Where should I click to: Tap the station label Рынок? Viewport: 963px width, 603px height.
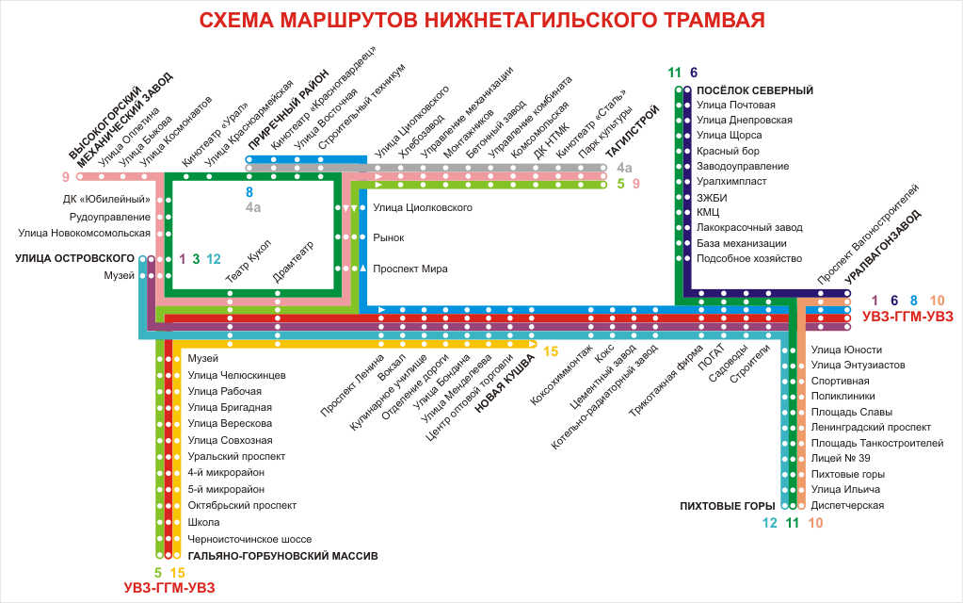pyautogui.click(x=389, y=238)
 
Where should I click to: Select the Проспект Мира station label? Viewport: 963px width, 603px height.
pyautogui.click(x=410, y=269)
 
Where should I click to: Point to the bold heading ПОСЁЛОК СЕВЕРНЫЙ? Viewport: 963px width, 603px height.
pyautogui.click(x=755, y=90)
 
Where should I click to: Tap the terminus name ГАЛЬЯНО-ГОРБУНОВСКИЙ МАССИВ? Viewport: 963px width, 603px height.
pyautogui.click(x=282, y=556)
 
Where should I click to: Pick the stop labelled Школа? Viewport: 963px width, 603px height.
pyautogui.click(x=203, y=522)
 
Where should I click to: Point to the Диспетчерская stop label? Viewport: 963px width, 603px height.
pyautogui.click(x=847, y=505)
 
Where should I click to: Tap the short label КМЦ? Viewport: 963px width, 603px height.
pyautogui.click(x=708, y=212)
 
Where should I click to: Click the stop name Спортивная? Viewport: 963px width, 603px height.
pyautogui.click(x=839, y=381)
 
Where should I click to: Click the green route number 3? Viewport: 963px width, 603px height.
pyautogui.click(x=196, y=259)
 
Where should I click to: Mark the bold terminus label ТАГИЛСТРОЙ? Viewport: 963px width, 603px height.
pyautogui.click(x=632, y=131)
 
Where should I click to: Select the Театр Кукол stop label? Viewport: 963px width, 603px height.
pyautogui.click(x=248, y=263)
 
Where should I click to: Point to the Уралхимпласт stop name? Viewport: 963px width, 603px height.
pyautogui.click(x=731, y=181)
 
